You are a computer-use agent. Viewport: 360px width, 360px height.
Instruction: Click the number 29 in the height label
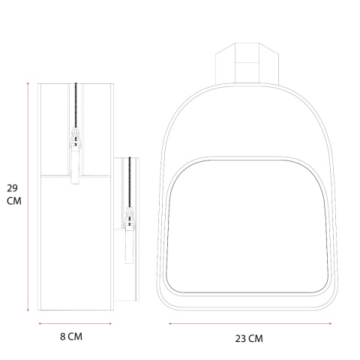pos(12,187)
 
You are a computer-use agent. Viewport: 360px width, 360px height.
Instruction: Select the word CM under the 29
pos(13,201)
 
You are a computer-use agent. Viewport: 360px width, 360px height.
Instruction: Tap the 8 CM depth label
pos(70,337)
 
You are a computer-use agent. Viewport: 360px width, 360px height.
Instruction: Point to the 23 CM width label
pos(249,338)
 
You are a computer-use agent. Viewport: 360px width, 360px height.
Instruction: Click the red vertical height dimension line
pos(28,196)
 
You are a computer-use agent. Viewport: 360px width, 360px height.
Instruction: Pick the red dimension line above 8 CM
pos(76,324)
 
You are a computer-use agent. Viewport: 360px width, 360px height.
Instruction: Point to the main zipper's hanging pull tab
pos(75,169)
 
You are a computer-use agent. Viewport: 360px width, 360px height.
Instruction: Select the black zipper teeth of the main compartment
pos(76,105)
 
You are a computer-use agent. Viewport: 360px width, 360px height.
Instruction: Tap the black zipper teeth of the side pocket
pos(130,184)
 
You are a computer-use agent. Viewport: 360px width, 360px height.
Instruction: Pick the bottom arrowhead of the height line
pos(28,310)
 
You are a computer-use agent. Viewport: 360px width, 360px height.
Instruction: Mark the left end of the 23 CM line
pos(169,324)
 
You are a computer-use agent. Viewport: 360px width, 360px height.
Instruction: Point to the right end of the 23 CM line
pos(332,324)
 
